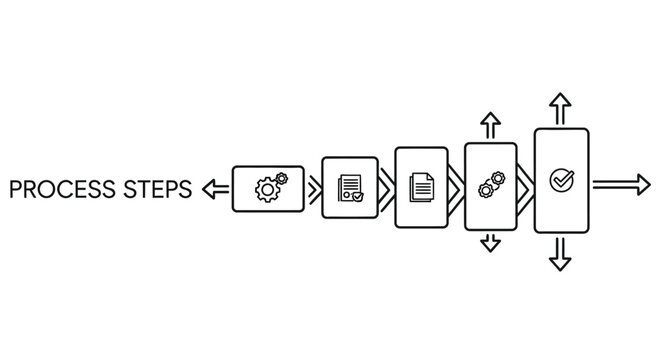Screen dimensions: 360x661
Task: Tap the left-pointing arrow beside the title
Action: (x=214, y=187)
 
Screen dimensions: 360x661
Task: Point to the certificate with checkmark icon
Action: (x=350, y=187)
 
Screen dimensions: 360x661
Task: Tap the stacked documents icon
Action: (x=422, y=186)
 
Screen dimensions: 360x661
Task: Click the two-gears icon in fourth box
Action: (x=490, y=186)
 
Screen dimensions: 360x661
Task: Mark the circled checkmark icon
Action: (x=560, y=180)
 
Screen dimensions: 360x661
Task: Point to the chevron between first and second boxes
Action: (x=313, y=187)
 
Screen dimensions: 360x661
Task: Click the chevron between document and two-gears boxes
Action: (x=457, y=187)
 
